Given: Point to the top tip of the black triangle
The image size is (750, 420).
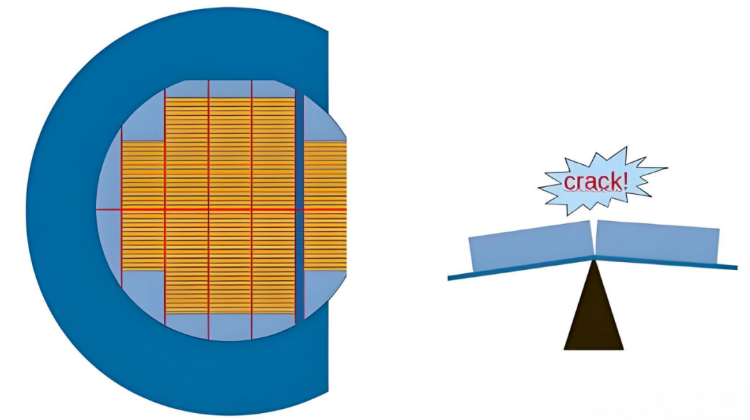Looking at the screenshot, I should click(x=593, y=261).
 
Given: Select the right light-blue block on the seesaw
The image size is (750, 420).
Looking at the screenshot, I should click(x=657, y=243).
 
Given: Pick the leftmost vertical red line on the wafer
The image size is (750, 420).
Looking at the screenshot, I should click(x=122, y=209).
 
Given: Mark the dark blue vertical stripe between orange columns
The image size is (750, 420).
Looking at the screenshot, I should click(x=300, y=209).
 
